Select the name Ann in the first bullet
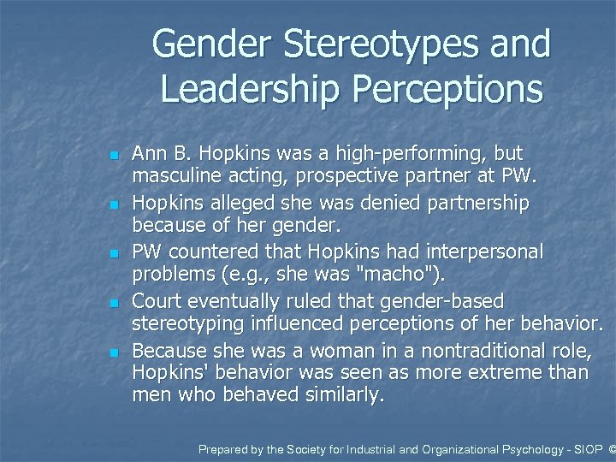point(150,154)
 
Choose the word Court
point(156,302)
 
